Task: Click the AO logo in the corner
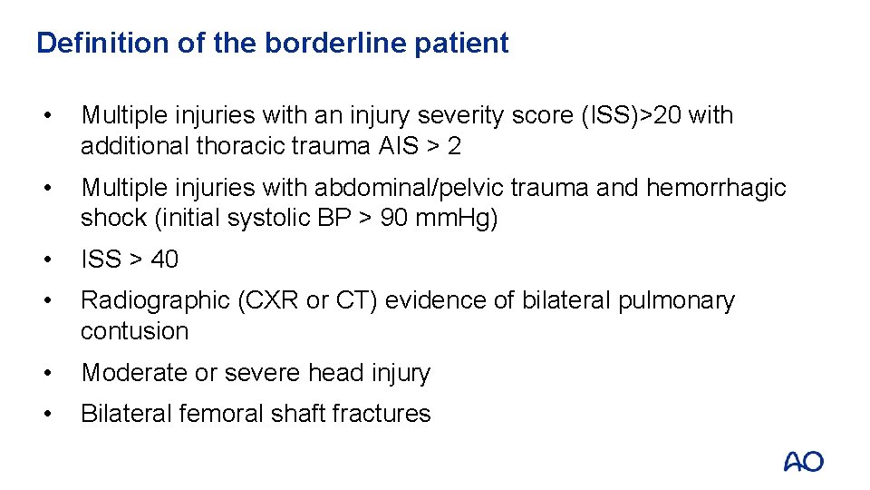[803, 462]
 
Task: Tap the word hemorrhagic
[716, 188]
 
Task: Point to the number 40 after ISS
[164, 260]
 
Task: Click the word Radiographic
[156, 300]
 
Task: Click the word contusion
[134, 331]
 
